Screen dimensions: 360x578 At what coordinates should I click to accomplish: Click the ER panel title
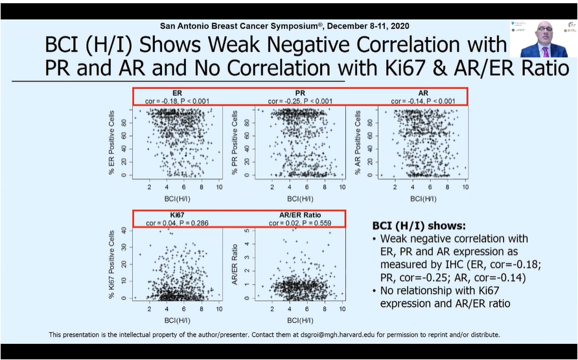point(176,93)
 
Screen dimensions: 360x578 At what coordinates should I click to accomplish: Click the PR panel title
point(300,93)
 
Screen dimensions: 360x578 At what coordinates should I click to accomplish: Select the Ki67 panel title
point(176,215)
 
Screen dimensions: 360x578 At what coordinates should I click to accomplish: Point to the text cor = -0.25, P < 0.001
point(300,101)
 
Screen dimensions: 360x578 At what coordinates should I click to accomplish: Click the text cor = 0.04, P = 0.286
point(176,223)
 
